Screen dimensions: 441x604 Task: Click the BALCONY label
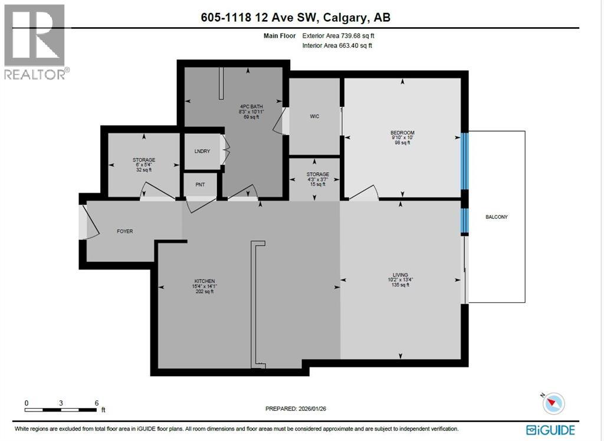click(x=496, y=217)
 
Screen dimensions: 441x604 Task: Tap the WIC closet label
click(x=314, y=116)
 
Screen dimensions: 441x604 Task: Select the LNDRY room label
click(x=202, y=152)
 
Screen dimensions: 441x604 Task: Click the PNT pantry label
click(x=200, y=185)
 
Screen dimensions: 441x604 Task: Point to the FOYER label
click(x=124, y=231)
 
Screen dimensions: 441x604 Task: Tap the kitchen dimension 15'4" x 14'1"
click(x=204, y=287)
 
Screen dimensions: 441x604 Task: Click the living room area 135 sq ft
click(x=401, y=285)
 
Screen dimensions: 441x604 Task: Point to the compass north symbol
click(x=553, y=403)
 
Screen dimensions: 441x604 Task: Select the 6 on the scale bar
click(x=96, y=403)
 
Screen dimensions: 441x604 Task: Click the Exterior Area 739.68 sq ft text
click(x=338, y=35)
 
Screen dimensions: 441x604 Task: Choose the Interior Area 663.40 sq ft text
click(x=337, y=45)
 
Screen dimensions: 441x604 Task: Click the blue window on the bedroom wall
click(x=464, y=160)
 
